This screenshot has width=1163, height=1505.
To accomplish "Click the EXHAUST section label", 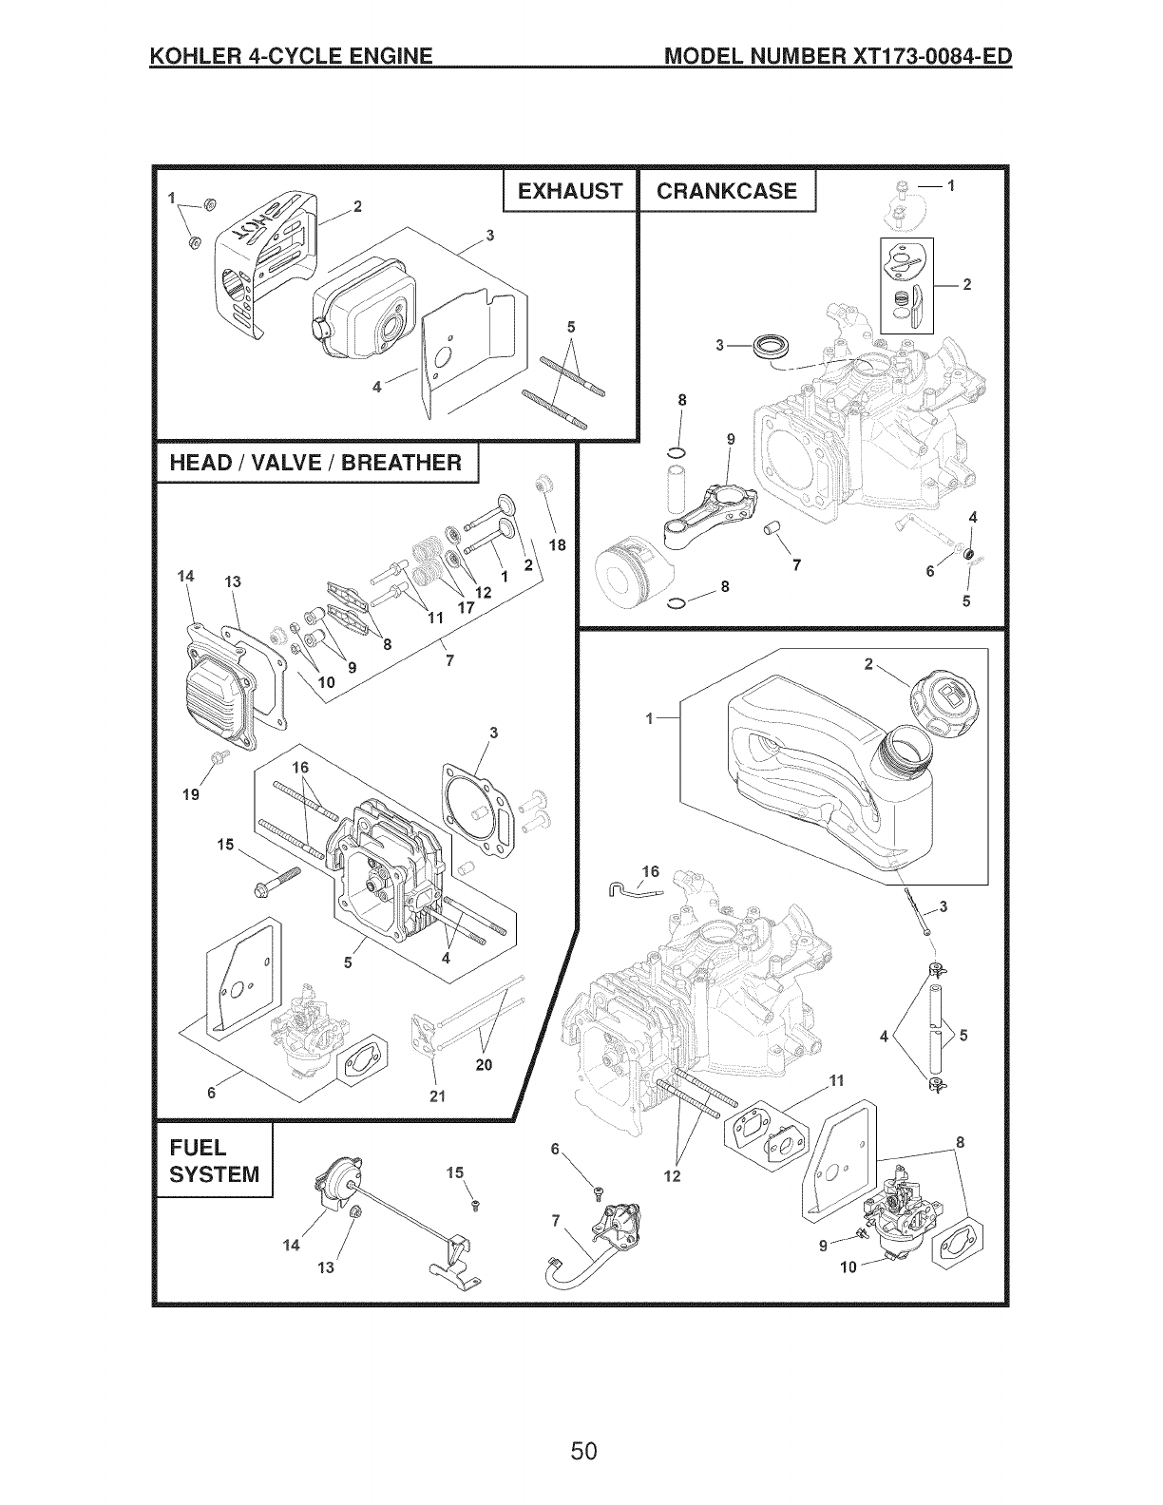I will tap(569, 192).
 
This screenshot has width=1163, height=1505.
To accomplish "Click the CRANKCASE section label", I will tap(727, 192).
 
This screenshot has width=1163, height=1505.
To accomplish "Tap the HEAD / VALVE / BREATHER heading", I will tap(315, 463).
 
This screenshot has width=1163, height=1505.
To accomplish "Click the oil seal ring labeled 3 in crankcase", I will tap(769, 346).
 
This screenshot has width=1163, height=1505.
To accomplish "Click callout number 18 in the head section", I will tap(557, 545).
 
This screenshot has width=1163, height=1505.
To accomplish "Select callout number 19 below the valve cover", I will tap(191, 794).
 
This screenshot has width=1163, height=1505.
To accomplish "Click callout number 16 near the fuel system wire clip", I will tap(650, 871).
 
